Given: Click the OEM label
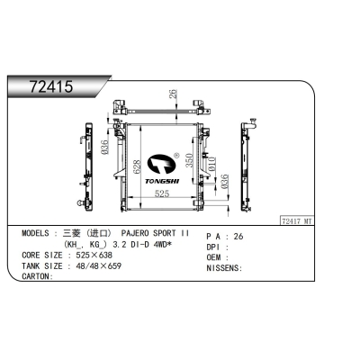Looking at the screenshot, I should point(217,256).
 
